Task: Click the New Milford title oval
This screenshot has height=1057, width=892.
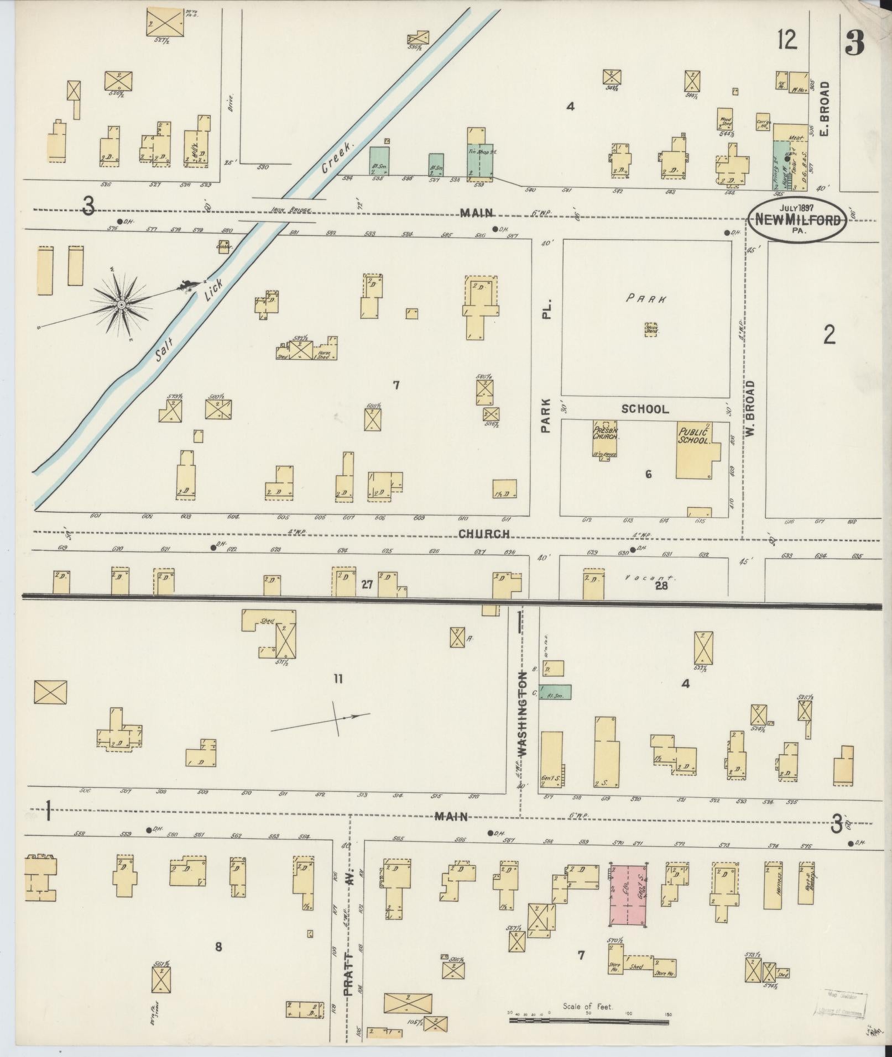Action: (797, 219)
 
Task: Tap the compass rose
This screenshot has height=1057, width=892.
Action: (121, 304)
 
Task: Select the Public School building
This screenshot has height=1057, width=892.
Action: (695, 450)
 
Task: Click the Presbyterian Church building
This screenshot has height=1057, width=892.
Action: (605, 440)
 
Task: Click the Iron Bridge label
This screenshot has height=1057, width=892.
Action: (291, 211)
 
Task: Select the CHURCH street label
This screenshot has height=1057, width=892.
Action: (483, 534)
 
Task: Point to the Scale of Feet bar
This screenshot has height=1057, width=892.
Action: (590, 1020)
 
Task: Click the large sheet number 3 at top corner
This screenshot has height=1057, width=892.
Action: (856, 43)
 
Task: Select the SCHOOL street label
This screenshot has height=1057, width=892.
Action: (645, 409)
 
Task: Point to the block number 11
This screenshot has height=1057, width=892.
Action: (338, 679)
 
